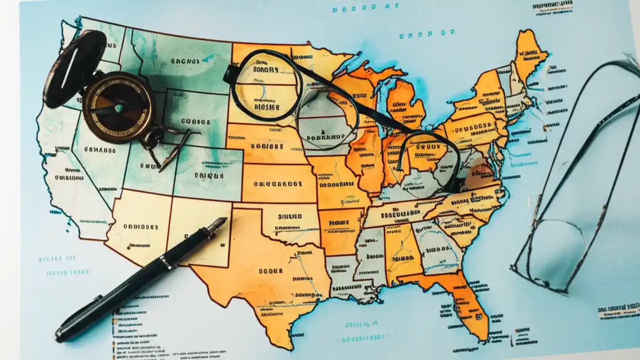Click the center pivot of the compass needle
[x=119, y=107]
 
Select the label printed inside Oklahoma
[x=289, y=216]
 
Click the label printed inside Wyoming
[x=195, y=121]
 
